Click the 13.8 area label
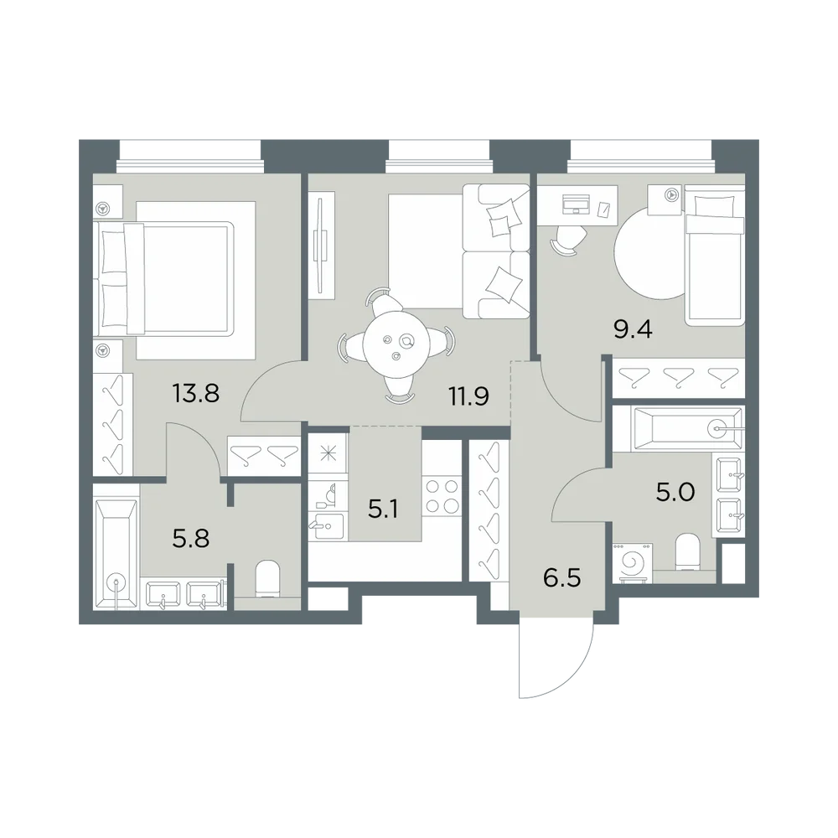[195, 394]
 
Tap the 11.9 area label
[468, 397]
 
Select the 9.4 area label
[633, 329]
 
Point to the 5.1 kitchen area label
[383, 510]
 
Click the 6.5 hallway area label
[561, 578]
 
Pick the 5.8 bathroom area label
[191, 539]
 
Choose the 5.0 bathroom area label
[675, 492]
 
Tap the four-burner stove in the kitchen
[442, 496]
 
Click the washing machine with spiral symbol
[633, 562]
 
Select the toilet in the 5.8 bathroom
[268, 578]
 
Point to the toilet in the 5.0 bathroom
[688, 551]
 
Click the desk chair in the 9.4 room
[566, 239]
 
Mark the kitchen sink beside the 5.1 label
[326, 525]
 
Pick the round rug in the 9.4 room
[649, 253]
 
